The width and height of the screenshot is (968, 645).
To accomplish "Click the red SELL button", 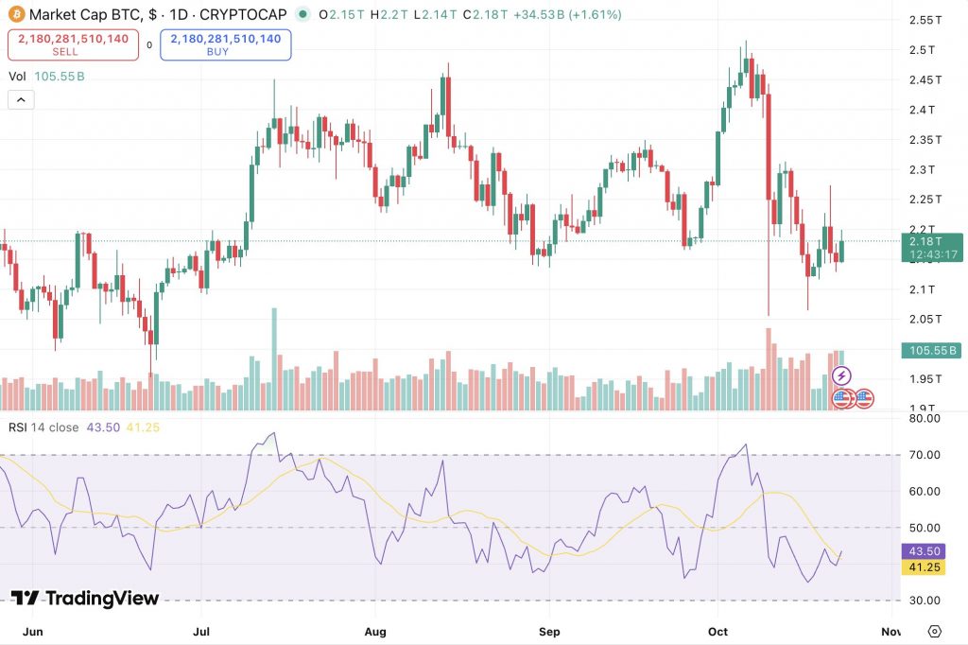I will point(73,44).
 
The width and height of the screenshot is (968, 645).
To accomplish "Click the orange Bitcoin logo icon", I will point(16,14).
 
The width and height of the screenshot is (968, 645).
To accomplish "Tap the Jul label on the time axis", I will point(200,629).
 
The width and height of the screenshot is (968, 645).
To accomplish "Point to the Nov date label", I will point(890,629).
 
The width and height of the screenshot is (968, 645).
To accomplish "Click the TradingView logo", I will point(85,598).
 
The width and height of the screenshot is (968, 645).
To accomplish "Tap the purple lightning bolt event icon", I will point(841,376).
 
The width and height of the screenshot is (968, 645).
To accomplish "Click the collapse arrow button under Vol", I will point(21,98).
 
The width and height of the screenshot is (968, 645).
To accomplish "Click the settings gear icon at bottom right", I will point(935,631).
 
